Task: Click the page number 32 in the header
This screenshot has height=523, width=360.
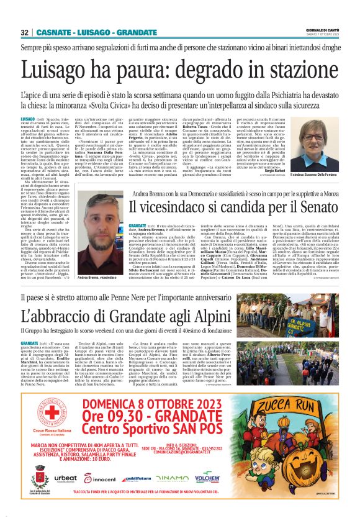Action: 24,32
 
